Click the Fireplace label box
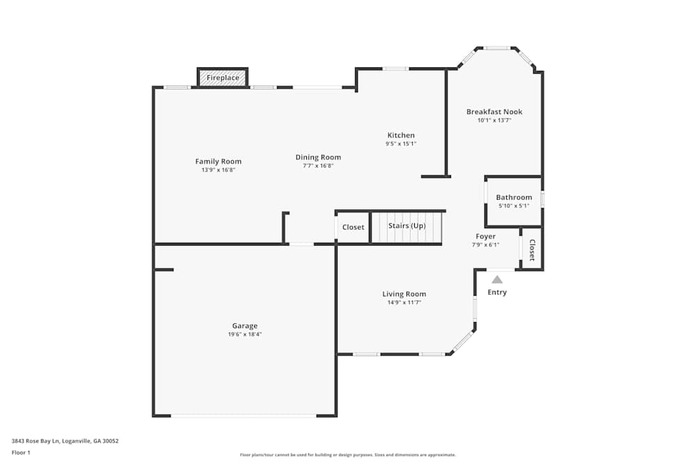tap(223, 78)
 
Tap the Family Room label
tap(218, 161)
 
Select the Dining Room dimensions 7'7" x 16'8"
tap(318, 166)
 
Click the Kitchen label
tap(401, 135)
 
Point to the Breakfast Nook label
tap(494, 112)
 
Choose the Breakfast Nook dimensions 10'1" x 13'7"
tap(494, 120)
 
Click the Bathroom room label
tap(514, 198)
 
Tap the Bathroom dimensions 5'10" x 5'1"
tap(514, 206)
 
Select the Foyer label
tap(486, 237)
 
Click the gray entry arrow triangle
tap(497, 279)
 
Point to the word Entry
tap(497, 292)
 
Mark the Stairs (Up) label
tap(406, 226)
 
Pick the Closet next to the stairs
tap(353, 227)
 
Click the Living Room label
tap(404, 294)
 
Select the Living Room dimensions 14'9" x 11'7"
tap(404, 303)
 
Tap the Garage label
tap(244, 326)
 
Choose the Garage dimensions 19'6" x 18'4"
tap(244, 334)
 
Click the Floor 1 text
tap(21, 452)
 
